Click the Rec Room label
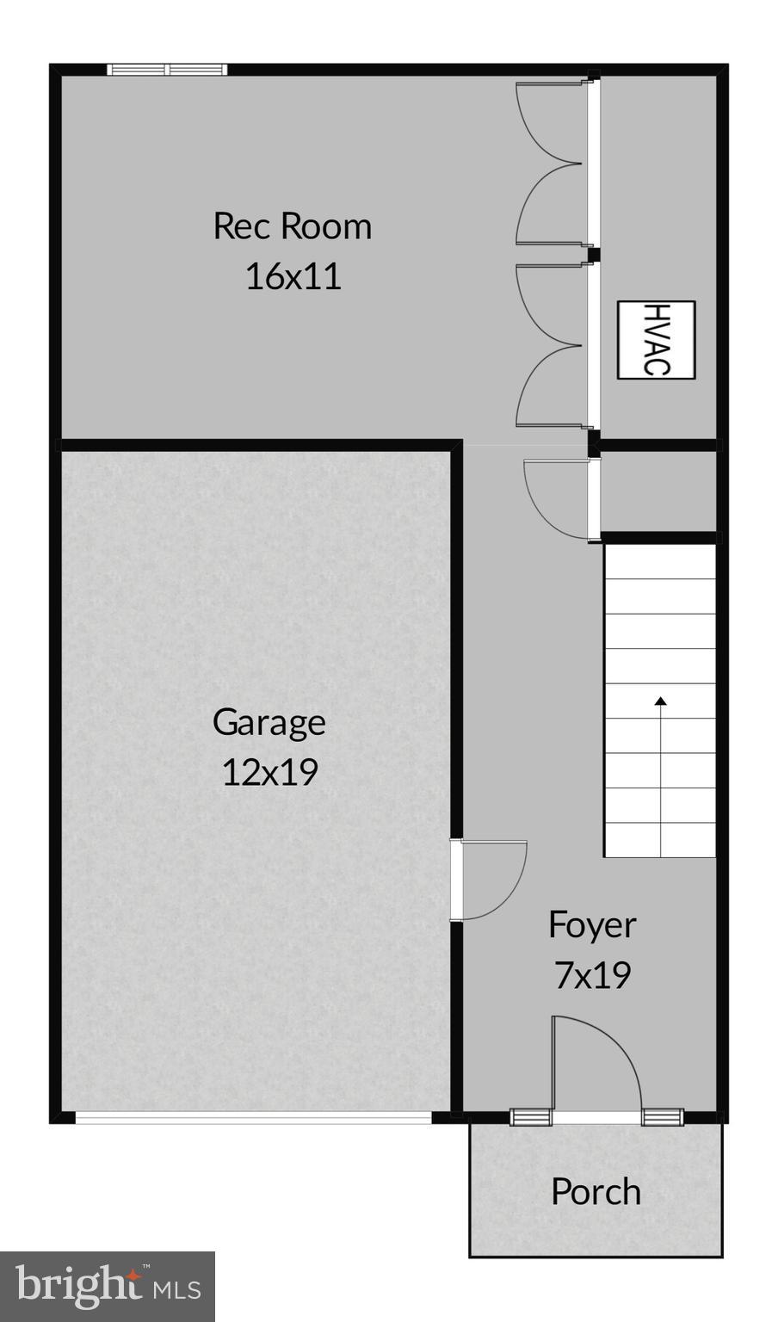click(x=292, y=226)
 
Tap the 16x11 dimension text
click(x=293, y=276)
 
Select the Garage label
click(x=269, y=721)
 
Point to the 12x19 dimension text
click(x=269, y=771)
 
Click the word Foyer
click(x=592, y=924)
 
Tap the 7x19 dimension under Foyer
click(x=592, y=974)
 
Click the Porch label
click(x=596, y=1191)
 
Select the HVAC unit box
click(x=656, y=339)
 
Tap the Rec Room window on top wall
click(x=167, y=70)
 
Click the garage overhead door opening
click(x=253, y=1117)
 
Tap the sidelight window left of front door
click(x=530, y=1117)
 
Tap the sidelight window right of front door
click(x=662, y=1117)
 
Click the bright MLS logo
click(x=107, y=1286)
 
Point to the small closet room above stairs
click(x=658, y=491)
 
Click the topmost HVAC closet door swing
click(x=551, y=120)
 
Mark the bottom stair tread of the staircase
click(x=659, y=839)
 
